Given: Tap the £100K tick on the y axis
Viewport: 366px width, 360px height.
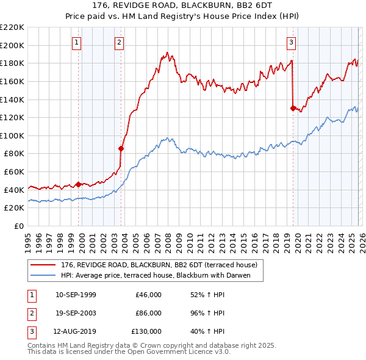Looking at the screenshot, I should pyautogui.click(x=12, y=135).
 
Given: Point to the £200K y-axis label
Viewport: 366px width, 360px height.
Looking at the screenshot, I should pyautogui.click(x=12, y=45).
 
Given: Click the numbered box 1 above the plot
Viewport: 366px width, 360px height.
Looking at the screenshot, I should pyautogui.click(x=77, y=43).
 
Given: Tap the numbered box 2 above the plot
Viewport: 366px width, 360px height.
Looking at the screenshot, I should pyautogui.click(x=118, y=43).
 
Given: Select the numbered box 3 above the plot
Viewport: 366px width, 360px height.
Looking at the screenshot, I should pyautogui.click(x=292, y=43).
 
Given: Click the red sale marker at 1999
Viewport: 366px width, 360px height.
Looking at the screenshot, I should pyautogui.click(x=78, y=184).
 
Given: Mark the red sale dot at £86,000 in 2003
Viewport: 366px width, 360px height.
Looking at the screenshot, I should pyautogui.click(x=121, y=148).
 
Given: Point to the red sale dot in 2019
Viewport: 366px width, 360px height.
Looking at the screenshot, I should pyautogui.click(x=293, y=108).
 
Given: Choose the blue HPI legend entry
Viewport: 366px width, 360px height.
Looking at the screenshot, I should pyautogui.click(x=161, y=276).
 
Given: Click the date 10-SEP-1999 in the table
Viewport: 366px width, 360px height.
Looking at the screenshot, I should pyautogui.click(x=76, y=295).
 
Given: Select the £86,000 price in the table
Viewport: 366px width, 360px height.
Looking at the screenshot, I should pyautogui.click(x=148, y=313).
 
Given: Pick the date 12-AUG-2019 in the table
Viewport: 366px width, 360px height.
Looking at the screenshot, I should pyautogui.click(x=76, y=331).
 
